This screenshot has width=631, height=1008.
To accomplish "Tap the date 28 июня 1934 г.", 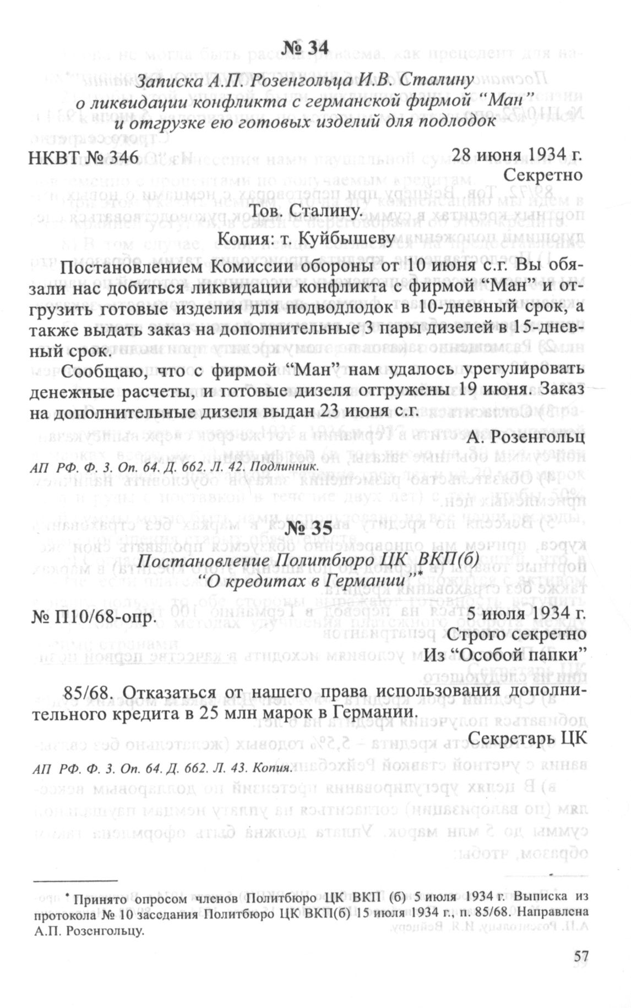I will [x=516, y=156].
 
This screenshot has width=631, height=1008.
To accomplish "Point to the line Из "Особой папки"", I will [x=504, y=656].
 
